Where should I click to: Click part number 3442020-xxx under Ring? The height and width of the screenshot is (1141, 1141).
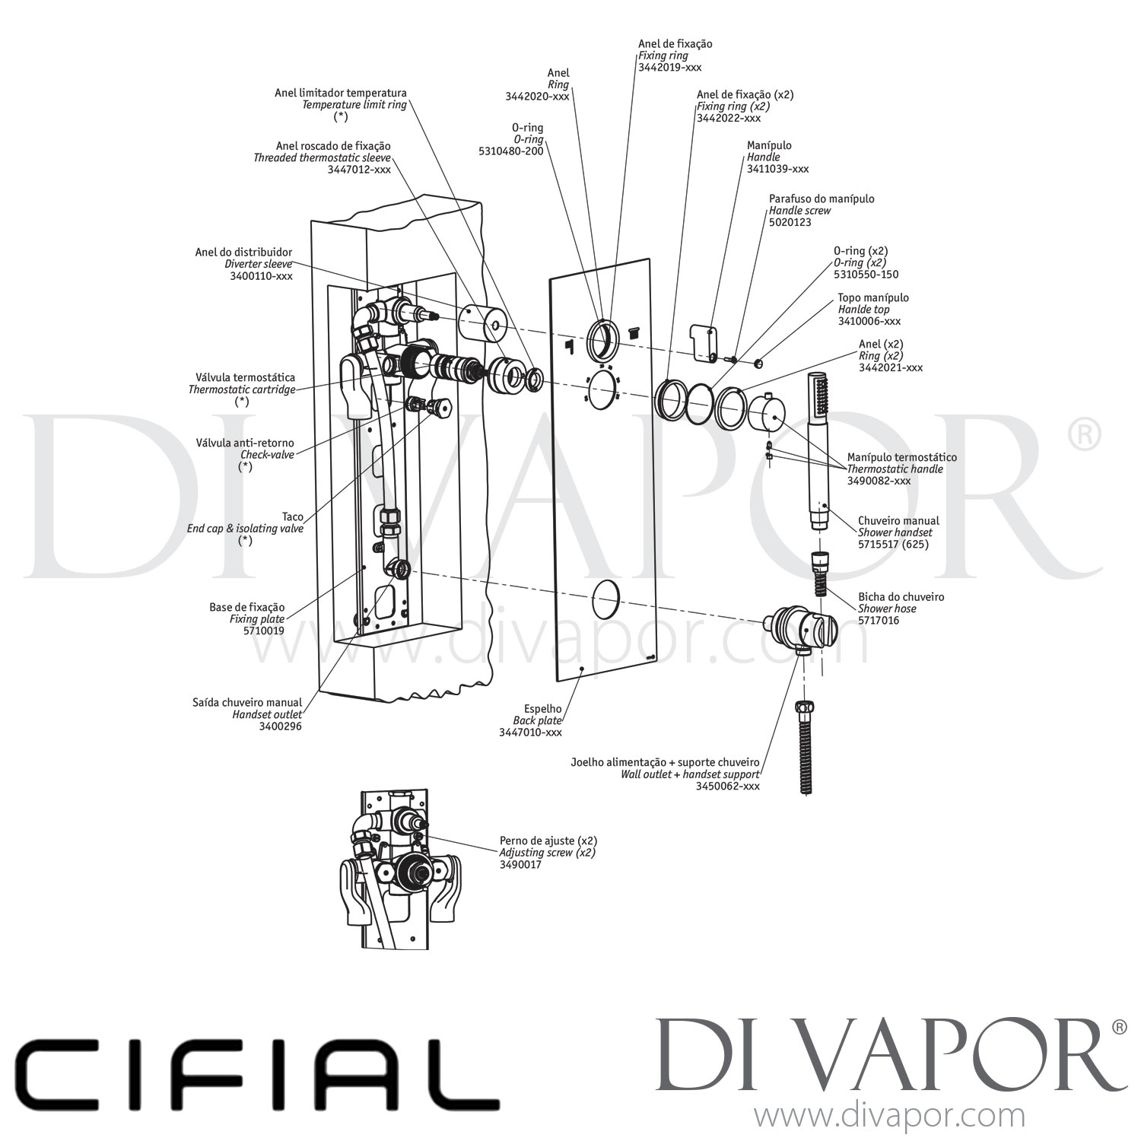(536, 97)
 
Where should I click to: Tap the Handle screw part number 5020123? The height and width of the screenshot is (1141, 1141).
(790, 222)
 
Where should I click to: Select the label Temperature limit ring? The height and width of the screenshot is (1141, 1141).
(354, 105)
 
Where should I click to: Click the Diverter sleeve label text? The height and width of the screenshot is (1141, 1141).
(258, 264)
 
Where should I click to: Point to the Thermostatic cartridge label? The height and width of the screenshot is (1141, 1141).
(241, 389)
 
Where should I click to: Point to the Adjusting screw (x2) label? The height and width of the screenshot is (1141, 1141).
(547, 853)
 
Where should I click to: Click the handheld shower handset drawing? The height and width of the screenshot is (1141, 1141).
(820, 449)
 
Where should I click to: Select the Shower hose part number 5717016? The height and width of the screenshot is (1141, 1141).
(879, 621)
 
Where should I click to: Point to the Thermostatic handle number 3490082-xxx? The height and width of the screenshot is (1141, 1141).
(879, 481)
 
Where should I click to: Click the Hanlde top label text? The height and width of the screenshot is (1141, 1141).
(863, 310)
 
